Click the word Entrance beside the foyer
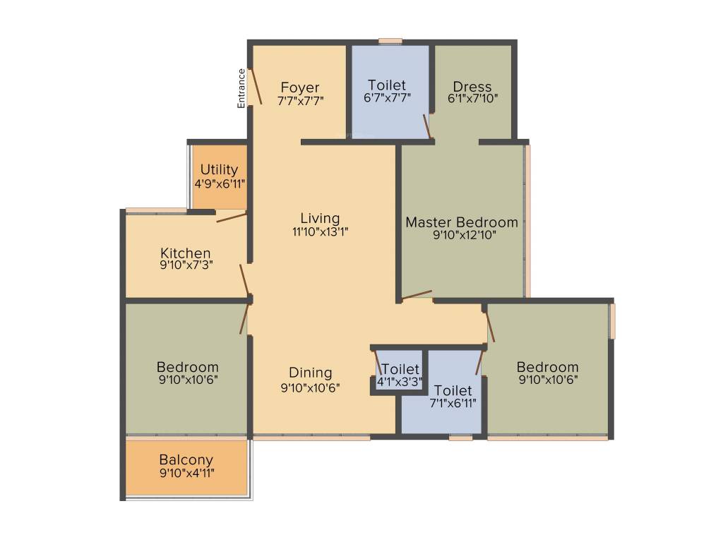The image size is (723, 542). click(x=241, y=88)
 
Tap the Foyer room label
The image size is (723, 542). click(x=300, y=88)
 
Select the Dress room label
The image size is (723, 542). click(x=472, y=87)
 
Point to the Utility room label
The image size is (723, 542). click(x=219, y=170)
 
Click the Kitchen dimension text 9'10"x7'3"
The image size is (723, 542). click(x=186, y=265)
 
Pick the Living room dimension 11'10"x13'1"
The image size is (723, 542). click(x=319, y=231)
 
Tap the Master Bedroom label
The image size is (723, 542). click(x=462, y=222)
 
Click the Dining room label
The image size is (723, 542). click(x=311, y=373)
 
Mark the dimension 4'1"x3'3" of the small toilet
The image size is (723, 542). click(x=400, y=382)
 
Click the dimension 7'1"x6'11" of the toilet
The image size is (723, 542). click(x=453, y=403)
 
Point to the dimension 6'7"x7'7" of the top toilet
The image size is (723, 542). click(x=387, y=98)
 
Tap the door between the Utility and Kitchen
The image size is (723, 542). click(x=232, y=217)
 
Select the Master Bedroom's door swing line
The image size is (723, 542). click(x=417, y=295)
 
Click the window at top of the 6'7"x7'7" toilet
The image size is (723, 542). click(x=390, y=41)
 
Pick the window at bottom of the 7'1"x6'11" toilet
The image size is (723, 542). click(x=460, y=438)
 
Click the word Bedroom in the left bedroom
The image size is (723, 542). click(x=187, y=367)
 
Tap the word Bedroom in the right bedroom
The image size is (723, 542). click(x=547, y=367)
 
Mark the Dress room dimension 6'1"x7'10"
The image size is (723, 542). click(x=472, y=99)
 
